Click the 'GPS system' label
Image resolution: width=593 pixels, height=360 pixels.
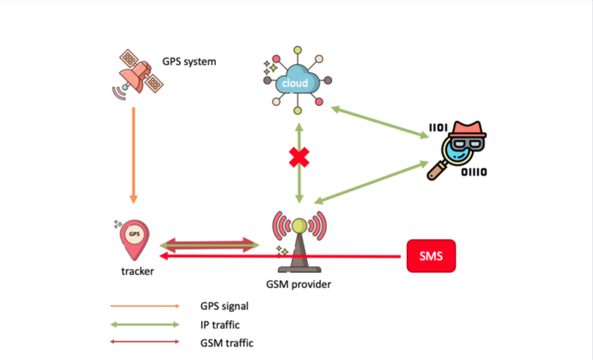pos(189,61)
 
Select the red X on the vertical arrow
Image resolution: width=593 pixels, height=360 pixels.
pos(298,159)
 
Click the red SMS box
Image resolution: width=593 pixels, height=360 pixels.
pos(431,256)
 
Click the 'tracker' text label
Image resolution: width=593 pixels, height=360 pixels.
pos(137,272)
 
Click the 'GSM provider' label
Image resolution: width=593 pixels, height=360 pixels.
pos(299,284)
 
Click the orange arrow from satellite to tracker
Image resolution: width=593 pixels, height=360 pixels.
pos(134,154)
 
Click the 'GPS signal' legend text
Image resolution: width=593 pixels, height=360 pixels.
pos(224,306)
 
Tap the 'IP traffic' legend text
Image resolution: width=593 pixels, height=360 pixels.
pos(220,325)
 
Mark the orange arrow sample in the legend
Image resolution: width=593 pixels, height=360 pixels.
pos(145,306)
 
